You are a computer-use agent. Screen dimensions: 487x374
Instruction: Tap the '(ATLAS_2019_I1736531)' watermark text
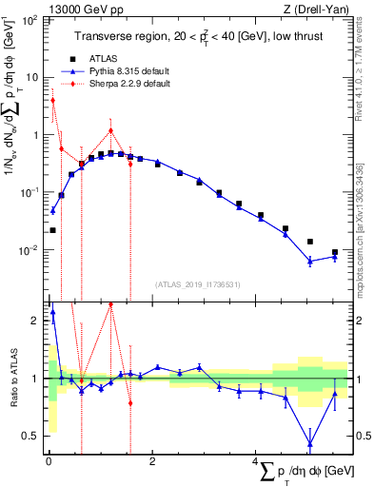pos(197,284)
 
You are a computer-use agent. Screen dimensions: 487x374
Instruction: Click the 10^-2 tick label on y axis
pos(29,251)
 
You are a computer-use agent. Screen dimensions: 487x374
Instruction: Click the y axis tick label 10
pos(31,77)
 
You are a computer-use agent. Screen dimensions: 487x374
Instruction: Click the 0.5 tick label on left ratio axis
pos(31,437)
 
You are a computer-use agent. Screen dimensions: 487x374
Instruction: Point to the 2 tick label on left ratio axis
pos(35,321)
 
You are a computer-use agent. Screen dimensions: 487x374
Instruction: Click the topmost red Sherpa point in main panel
pos(52,100)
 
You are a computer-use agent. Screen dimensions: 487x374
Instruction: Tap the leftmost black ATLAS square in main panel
pos(52,229)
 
